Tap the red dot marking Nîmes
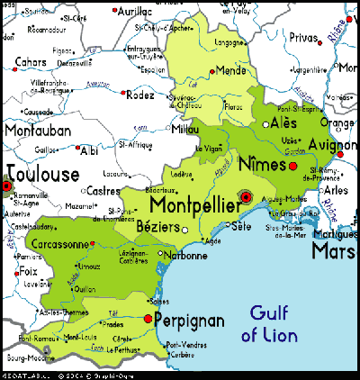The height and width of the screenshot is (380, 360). pos(292,166)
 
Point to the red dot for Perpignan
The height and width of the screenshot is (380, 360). pos(148,318)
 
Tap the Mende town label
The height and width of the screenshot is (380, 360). pos(232,70)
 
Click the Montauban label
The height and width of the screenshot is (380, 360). pos(36,130)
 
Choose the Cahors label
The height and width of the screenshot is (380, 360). pos(31,62)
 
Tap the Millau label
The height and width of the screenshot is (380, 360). pos(185,129)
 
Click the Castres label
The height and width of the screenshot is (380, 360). pos(104,191)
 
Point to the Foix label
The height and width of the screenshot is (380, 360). pos(28,270)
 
